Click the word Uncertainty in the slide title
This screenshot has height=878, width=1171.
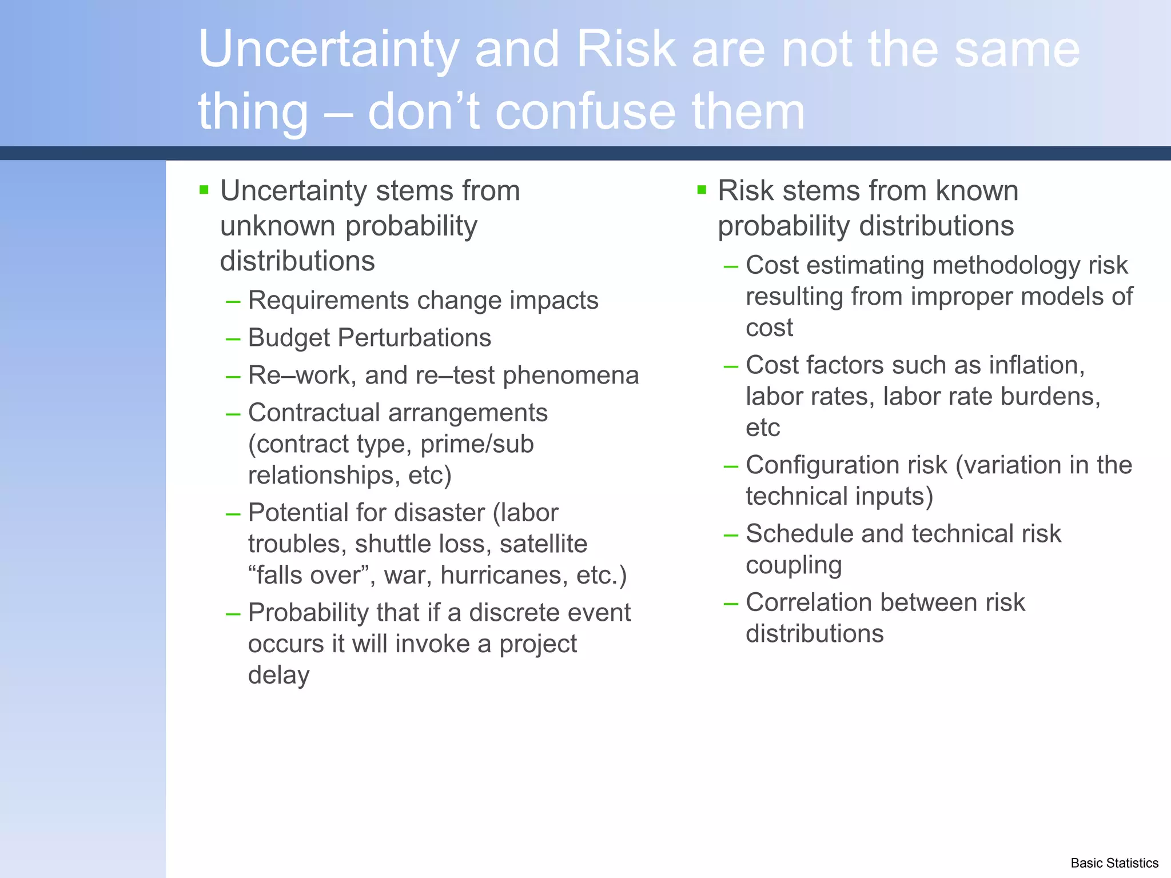328,50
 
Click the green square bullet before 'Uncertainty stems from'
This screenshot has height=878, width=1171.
204,190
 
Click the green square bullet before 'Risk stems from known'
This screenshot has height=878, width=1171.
702,190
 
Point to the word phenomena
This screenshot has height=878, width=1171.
571,376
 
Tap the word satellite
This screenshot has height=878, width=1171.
543,544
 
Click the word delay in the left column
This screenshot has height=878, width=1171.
278,676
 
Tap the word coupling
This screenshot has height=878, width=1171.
794,565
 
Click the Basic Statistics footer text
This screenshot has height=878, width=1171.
1114,863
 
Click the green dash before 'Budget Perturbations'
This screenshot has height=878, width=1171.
233,339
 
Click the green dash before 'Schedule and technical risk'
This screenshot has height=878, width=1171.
731,535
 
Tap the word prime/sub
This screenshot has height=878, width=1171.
477,444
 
